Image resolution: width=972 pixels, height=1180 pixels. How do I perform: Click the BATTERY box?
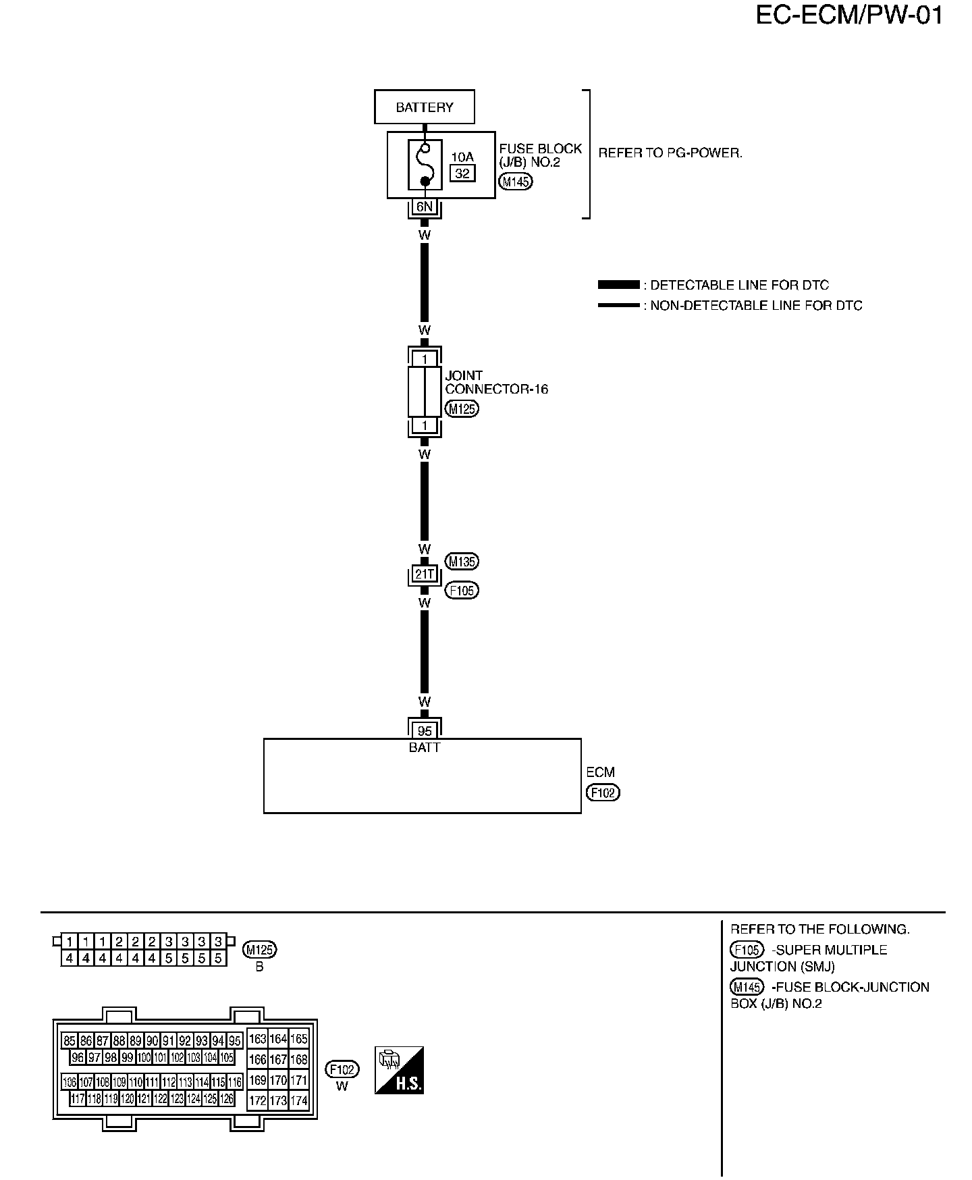424,107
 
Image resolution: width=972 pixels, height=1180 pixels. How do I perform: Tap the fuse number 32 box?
462,173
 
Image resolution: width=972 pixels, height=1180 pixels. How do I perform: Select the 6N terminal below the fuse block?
424,207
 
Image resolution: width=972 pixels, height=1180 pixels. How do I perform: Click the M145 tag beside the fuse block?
516,181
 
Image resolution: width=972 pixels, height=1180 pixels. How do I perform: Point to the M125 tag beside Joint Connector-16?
462,408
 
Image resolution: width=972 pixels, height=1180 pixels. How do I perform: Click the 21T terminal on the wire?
424,574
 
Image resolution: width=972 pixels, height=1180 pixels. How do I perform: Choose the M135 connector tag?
462,561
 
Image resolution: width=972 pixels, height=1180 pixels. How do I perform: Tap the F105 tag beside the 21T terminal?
462,591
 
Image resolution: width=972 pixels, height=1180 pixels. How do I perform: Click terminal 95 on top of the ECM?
424,730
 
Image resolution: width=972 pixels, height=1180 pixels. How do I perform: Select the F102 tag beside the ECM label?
603,793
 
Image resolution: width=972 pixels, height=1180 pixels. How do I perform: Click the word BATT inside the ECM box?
424,747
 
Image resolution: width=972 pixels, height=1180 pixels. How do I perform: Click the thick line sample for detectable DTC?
618,285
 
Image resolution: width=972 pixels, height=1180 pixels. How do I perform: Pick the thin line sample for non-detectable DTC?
618,305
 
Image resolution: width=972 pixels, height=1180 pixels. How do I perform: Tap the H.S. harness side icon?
399,1070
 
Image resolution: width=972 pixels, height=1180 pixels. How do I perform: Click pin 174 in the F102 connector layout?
298,1101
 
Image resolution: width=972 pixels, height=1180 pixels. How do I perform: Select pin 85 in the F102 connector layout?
69,1040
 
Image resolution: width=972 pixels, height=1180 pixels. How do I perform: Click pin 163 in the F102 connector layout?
257,1039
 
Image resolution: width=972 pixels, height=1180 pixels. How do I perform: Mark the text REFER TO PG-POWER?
670,153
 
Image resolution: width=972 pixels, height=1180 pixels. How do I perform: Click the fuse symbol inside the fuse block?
425,164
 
